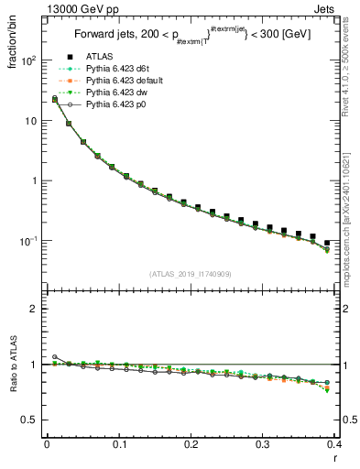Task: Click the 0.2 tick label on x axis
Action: click(191, 444)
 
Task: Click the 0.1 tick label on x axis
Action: click(119, 444)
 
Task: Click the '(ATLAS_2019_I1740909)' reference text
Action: click(191, 274)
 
